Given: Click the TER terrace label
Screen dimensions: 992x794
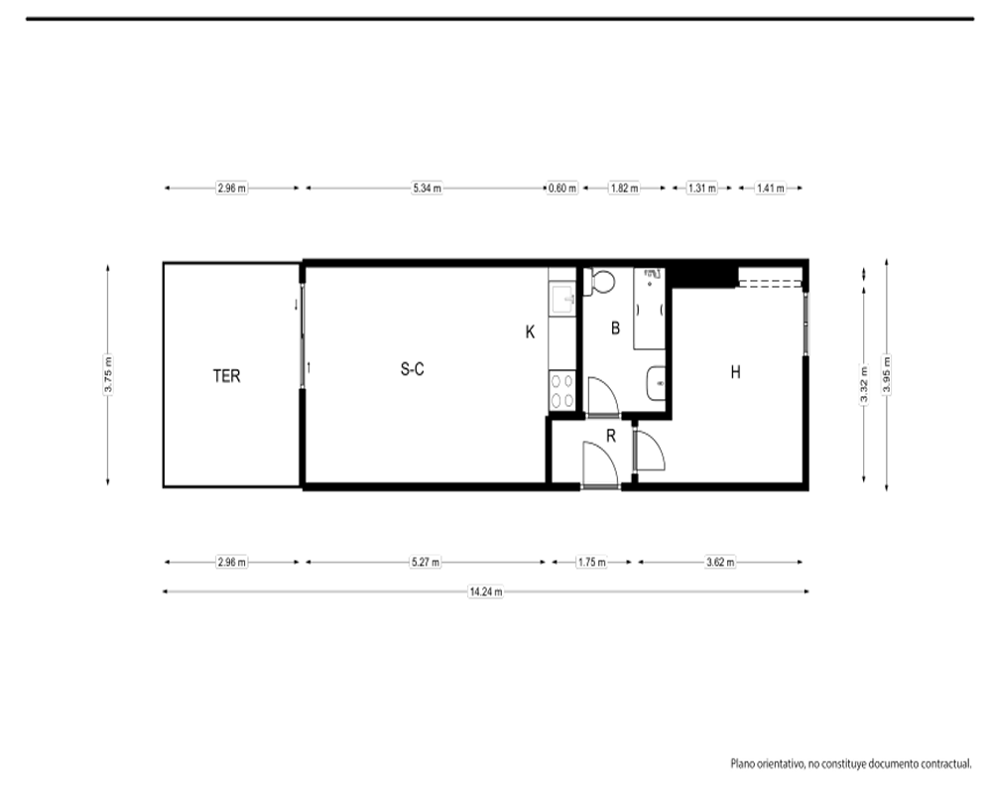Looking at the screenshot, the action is (226, 376).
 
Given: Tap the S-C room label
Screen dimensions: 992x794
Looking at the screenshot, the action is (412, 369).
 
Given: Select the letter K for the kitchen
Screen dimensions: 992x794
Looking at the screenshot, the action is (530, 331).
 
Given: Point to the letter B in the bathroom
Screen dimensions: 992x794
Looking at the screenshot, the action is (615, 328).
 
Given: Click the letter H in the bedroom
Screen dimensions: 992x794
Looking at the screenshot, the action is (735, 372).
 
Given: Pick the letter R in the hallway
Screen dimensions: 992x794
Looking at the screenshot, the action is (610, 436).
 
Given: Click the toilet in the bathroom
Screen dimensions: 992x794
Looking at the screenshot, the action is (599, 282).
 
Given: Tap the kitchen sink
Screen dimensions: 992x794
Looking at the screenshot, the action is (562, 299).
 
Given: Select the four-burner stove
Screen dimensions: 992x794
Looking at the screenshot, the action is (561, 390).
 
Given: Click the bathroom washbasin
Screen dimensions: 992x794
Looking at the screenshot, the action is (656, 383).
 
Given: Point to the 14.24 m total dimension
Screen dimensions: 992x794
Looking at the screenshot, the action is (486, 592).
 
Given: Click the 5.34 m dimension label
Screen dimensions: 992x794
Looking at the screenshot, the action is (427, 188).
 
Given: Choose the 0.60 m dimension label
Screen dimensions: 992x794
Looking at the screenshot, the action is (562, 188).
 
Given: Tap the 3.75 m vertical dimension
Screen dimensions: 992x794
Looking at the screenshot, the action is (108, 375).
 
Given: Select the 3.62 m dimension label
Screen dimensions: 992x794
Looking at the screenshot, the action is (720, 563).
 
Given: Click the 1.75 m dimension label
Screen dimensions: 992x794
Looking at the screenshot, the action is (591, 563).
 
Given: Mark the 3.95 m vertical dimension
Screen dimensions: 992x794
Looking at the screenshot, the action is (887, 375).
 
